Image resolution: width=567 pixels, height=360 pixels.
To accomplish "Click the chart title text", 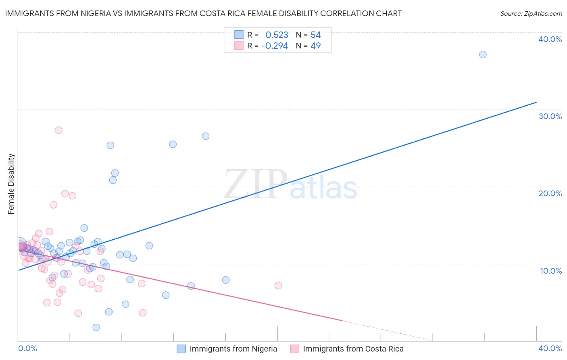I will pos(203,13).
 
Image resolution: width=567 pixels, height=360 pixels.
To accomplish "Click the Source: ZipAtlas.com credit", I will pos(531,13).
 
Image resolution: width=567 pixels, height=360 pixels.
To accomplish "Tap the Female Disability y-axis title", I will pos(11,184).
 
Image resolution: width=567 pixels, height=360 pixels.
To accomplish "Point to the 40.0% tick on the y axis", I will pos(550,39).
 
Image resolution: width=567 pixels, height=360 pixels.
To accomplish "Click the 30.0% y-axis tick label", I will pos(550,116).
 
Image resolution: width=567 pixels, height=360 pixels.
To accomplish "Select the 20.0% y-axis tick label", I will pos(550,193).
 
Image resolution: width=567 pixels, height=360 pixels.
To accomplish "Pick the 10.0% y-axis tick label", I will pos(550,271).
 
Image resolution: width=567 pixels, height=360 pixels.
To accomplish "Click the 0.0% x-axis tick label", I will pos(27,348).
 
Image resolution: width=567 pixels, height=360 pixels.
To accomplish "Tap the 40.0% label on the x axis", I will pos(550,348).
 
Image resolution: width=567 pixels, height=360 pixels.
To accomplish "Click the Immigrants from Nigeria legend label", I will pos(233,349).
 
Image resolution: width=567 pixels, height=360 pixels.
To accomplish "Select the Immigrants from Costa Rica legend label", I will pos(353,349).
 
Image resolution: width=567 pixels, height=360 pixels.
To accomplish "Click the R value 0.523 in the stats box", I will pos(277,35).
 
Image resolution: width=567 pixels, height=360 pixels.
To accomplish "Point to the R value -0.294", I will pos(275,46).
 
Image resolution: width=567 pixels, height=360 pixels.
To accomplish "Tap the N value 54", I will pos(315,35).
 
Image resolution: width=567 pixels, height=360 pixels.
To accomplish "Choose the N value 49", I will pos(315,46).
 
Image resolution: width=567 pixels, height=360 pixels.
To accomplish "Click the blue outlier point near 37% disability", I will pos(483,54).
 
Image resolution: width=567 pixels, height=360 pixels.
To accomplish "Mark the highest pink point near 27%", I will pos(58,130).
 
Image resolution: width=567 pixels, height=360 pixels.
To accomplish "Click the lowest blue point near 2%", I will pos(96,327).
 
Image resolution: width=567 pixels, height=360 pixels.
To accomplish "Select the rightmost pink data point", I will pos(278,285).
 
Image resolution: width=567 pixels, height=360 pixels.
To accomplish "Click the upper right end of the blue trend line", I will pos(536,102).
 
